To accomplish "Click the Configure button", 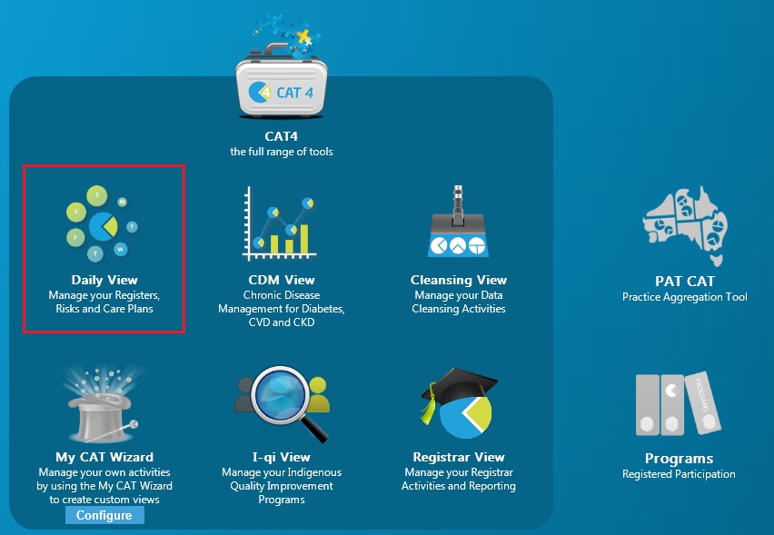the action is (x=104, y=515).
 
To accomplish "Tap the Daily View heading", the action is (x=104, y=280).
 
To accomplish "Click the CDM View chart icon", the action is (x=281, y=223).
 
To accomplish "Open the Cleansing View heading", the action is (x=459, y=280).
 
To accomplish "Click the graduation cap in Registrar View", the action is (x=459, y=387).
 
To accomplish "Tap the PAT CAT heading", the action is (x=685, y=281).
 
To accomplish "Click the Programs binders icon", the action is (x=679, y=403).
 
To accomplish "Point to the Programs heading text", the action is (x=679, y=459).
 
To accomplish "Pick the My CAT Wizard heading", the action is (x=104, y=457).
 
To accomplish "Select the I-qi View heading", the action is (x=282, y=457).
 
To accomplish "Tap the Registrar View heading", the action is (x=459, y=457).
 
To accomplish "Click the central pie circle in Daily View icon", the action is (x=104, y=226).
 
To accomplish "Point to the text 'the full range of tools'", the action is (x=282, y=152).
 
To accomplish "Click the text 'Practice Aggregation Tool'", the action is (x=685, y=297).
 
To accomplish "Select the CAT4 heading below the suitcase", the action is (x=282, y=136).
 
